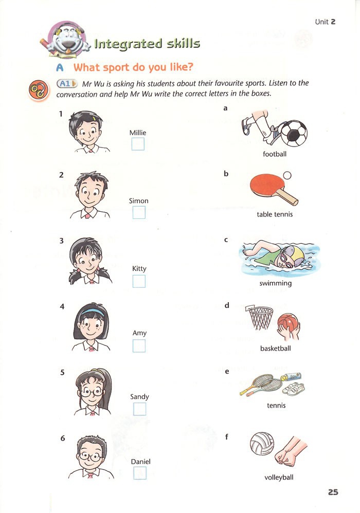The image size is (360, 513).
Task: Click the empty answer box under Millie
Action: point(138,144)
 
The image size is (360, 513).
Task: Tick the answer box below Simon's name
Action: point(139,213)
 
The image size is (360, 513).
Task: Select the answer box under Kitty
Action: point(139,281)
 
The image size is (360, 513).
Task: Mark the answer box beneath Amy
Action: point(139,346)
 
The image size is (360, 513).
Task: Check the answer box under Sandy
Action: point(139,409)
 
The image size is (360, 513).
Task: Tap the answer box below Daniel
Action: point(140,473)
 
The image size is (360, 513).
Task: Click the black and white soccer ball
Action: point(294,133)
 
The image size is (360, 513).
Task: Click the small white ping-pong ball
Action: point(287,175)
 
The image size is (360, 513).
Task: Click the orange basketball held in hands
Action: point(288,323)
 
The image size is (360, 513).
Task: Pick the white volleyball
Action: point(262,444)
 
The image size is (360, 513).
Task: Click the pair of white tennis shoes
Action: point(293,388)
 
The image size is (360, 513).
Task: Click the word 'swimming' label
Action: point(275,283)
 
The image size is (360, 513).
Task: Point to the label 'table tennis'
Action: point(275,214)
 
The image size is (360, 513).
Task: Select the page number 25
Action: point(333,492)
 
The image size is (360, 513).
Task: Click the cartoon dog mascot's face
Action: point(69,39)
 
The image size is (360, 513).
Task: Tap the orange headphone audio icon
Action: point(39,90)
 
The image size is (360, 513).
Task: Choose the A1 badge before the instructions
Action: point(67,84)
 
